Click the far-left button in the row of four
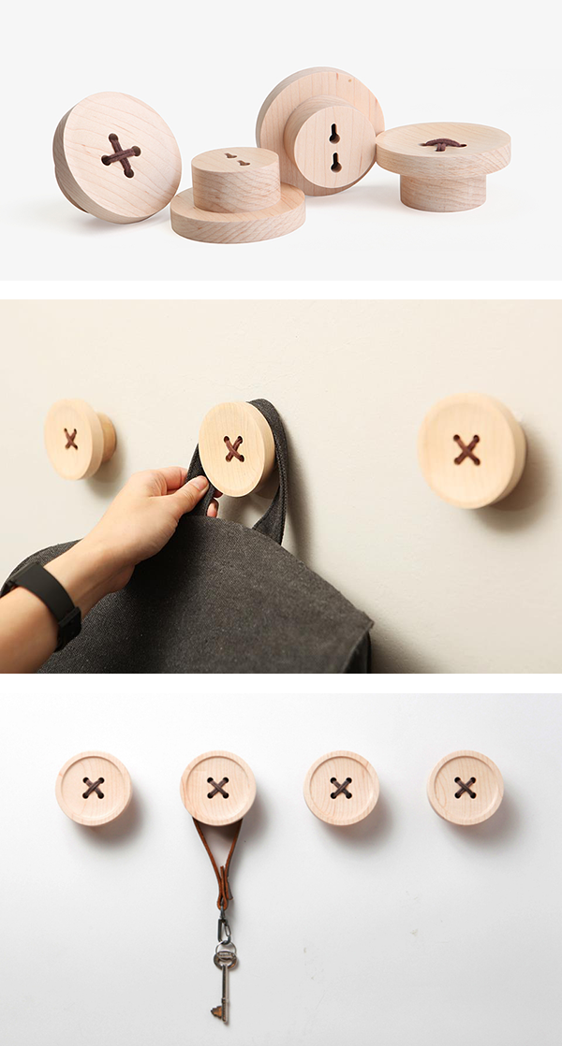[x=93, y=789]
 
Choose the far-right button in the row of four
[x=466, y=788]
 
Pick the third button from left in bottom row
[x=341, y=788]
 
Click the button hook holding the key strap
[x=218, y=788]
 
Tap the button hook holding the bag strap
[x=235, y=449]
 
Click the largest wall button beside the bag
[x=471, y=451]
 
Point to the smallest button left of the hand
[x=75, y=439]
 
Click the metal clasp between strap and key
[x=223, y=927]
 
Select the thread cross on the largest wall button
[x=466, y=450]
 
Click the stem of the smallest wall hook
[x=108, y=438]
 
